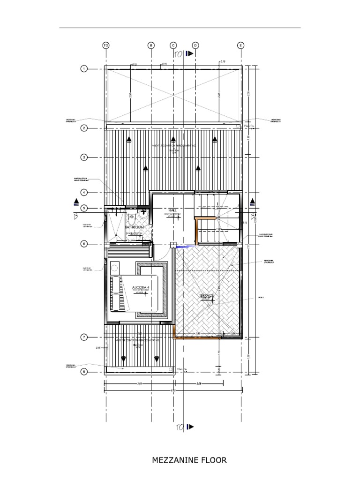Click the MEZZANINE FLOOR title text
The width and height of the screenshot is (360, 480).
(189, 460)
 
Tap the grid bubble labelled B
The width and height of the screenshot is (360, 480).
(151, 45)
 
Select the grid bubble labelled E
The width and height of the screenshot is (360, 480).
(241, 45)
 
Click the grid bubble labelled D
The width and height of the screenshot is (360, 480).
(195, 45)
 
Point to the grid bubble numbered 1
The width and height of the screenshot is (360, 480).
(84, 69)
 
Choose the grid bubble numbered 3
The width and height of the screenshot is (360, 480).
(84, 157)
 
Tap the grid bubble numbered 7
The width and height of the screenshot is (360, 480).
(84, 337)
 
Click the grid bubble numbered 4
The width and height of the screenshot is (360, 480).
(84, 192)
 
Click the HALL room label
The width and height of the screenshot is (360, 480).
(172, 211)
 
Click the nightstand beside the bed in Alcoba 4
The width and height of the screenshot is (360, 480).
(115, 268)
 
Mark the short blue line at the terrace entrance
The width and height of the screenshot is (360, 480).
(185, 246)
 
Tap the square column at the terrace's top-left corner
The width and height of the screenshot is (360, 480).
(173, 244)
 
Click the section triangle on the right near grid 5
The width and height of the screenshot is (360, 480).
(253, 202)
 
